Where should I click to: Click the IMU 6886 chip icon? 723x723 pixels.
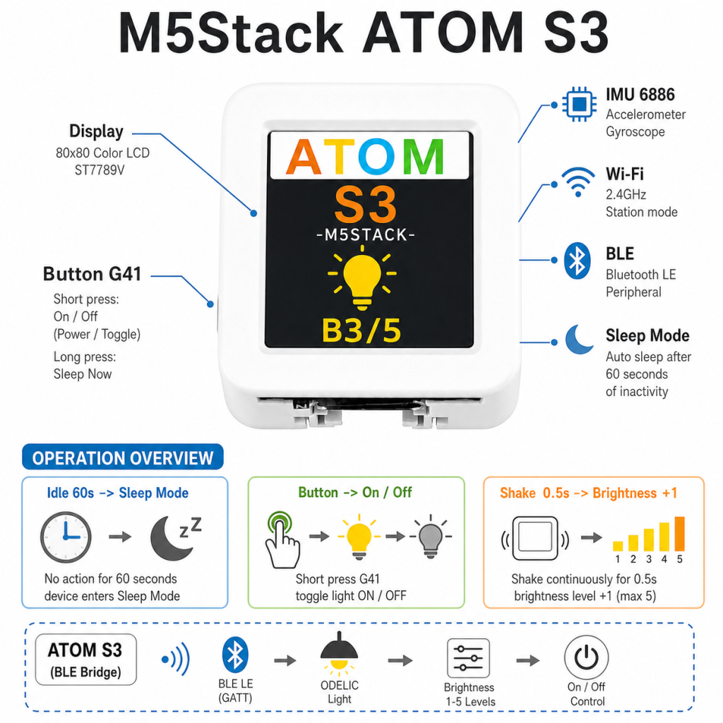(579, 104)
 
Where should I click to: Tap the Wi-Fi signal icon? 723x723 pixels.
(578, 182)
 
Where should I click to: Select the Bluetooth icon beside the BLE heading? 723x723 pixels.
(577, 261)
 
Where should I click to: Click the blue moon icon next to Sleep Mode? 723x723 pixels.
(579, 340)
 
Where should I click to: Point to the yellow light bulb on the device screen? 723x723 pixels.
(362, 277)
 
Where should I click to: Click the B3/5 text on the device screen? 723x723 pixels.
(361, 330)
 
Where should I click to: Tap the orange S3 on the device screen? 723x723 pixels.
(365, 204)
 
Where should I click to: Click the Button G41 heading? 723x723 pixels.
(92, 274)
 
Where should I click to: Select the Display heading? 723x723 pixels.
(96, 131)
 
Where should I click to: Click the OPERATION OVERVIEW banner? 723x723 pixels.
(123, 457)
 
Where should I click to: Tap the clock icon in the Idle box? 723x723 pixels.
(66, 537)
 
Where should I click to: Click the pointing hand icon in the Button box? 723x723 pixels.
(282, 540)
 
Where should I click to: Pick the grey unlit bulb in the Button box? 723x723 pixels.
(431, 537)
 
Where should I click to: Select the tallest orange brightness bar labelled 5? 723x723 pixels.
(680, 534)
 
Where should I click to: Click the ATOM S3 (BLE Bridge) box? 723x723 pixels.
(85, 659)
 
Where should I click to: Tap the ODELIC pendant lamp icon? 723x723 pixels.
(340, 651)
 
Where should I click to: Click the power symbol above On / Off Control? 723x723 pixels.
(586, 657)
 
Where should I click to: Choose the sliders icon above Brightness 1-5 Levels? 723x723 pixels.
(469, 658)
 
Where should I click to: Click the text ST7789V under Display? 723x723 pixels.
(100, 171)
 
